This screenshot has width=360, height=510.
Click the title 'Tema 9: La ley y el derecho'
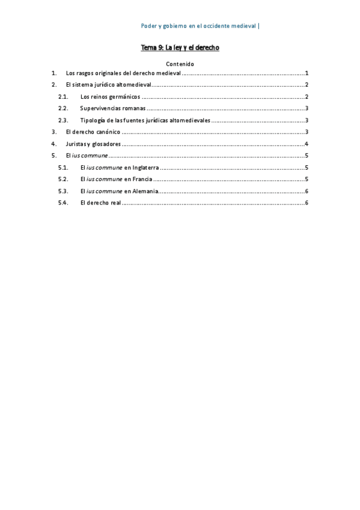pos(180,48)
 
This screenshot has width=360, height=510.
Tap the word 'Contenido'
pos(179,64)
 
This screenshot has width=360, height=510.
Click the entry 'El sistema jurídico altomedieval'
pos(108,85)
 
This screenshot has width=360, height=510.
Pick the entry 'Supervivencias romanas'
pos(113,108)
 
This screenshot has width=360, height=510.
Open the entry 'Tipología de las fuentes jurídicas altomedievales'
pos(145,120)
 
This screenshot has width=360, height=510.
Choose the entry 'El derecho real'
pos(100,203)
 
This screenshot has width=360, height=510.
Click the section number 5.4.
pos(63,203)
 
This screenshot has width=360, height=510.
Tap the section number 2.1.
pos(63,97)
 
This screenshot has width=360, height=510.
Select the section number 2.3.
pos(63,120)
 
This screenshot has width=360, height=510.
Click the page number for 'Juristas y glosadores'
pos(307,144)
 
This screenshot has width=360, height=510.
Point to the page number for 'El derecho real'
pos(307,203)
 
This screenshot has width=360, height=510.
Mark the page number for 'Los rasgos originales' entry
pos(307,73)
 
